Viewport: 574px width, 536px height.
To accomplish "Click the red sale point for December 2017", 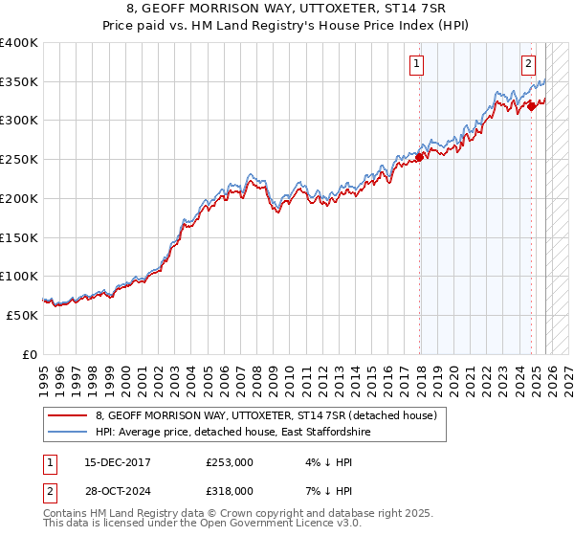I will tap(420, 158).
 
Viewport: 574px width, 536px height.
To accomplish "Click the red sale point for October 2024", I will tap(532, 107).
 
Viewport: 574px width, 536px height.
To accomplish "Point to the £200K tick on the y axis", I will tap(20, 198).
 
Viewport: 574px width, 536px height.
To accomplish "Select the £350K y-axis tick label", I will tap(20, 82).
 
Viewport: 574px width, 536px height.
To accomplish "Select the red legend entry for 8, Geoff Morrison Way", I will tap(266, 415).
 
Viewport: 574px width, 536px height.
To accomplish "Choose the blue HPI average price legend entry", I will tap(232, 433).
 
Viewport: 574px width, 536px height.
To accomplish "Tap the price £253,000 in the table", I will tap(230, 462).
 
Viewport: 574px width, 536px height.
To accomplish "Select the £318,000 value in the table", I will tap(230, 490).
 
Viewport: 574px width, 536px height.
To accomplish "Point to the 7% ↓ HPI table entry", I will tap(327, 490).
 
